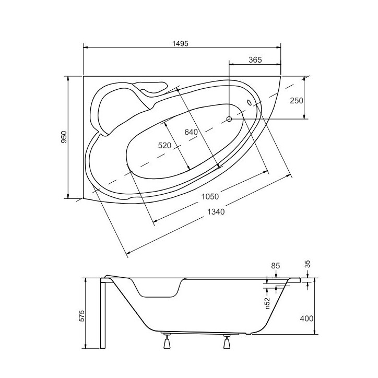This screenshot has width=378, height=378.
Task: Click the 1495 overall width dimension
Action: (x=180, y=44)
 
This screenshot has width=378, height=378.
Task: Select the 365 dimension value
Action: (x=255, y=60)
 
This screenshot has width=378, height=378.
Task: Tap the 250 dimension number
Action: (x=296, y=101)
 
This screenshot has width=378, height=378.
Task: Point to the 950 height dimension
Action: (x=64, y=137)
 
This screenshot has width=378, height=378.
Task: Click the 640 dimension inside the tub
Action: (x=191, y=132)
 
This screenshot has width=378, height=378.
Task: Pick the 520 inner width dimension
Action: (x=164, y=145)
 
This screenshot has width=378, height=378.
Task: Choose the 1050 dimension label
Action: (x=210, y=197)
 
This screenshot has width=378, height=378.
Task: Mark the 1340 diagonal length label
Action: (x=216, y=211)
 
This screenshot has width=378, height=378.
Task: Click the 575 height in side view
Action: (x=82, y=316)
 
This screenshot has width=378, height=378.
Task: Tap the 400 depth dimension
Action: (x=306, y=318)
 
